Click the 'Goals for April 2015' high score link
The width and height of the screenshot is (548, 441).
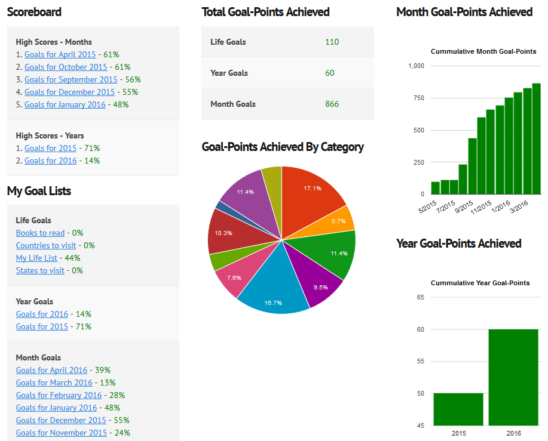point(60,54)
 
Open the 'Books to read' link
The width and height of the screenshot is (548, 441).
point(40,233)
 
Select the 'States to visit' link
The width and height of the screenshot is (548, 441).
point(40,270)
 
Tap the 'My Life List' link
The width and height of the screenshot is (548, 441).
point(36,258)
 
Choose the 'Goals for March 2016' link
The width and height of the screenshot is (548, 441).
point(54,383)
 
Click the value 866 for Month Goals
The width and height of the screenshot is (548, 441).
point(332,104)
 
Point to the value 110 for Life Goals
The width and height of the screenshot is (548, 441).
point(332,42)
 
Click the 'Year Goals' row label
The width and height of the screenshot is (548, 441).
point(229,73)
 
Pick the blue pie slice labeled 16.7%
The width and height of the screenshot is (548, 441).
point(274,292)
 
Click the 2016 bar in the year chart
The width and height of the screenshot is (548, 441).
point(513,377)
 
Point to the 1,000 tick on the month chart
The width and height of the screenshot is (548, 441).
point(416,66)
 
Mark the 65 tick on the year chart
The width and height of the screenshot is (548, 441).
point(420,297)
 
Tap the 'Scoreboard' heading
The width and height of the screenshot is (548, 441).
point(34,12)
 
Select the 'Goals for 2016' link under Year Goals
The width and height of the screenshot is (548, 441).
point(42,314)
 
